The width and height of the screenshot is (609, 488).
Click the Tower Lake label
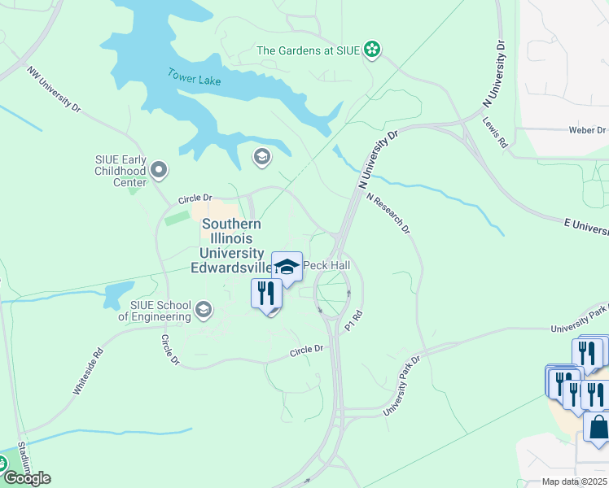click(x=195, y=76)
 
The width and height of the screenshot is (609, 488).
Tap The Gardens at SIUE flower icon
click(x=372, y=50)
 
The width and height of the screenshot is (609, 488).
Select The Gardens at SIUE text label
click(x=309, y=50)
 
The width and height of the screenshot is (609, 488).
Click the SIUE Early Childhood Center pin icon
click(x=160, y=171)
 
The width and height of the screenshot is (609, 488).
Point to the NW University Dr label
click(x=55, y=90)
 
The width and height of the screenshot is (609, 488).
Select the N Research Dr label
click(x=388, y=214)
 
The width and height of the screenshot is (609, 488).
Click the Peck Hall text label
click(x=326, y=266)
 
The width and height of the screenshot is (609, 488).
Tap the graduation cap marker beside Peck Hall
click(x=287, y=265)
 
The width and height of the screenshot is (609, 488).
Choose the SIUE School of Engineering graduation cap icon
click(x=204, y=309)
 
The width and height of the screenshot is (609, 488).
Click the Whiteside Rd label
click(x=89, y=373)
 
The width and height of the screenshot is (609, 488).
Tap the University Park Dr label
click(x=402, y=384)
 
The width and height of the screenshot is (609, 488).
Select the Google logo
click(x=26, y=478)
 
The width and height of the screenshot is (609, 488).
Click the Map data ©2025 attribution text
click(x=573, y=481)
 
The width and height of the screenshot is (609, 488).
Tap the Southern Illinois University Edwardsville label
click(x=232, y=246)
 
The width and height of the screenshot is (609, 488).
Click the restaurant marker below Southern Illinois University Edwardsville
click(x=267, y=293)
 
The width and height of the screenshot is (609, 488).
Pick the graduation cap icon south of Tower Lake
click(x=261, y=156)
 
